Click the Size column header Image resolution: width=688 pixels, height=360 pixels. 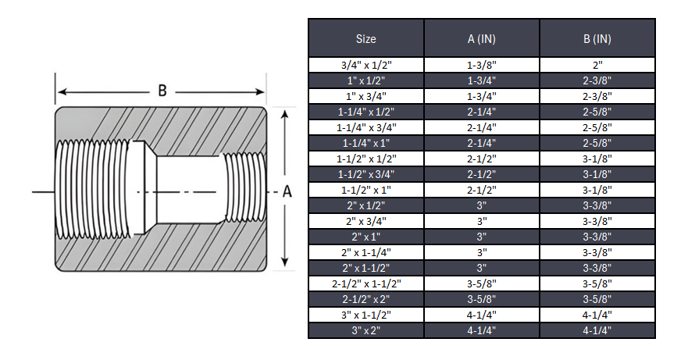point(365,38)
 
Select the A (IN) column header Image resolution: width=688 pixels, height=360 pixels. point(481,38)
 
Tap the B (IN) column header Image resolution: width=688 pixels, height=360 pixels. point(597,38)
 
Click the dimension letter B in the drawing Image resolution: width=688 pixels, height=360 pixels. point(162,90)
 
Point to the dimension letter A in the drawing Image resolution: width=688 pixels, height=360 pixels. point(287,192)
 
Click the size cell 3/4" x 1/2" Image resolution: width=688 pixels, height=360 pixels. point(365,65)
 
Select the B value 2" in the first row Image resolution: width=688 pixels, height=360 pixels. point(597,65)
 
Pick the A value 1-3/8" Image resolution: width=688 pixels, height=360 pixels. point(481,65)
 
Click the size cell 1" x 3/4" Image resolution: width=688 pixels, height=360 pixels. point(365,96)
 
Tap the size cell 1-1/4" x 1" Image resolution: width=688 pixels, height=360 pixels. point(365,143)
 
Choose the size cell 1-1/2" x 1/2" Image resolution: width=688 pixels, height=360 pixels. point(365,159)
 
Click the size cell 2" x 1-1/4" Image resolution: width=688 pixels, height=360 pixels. point(365,252)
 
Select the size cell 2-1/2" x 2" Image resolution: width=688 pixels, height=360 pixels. point(365,299)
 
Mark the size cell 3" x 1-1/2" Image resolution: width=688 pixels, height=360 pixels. point(365,315)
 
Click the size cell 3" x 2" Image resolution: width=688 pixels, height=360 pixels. point(365,330)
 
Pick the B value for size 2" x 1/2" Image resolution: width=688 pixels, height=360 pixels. point(597,205)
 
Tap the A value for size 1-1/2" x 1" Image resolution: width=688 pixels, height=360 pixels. point(481,190)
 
